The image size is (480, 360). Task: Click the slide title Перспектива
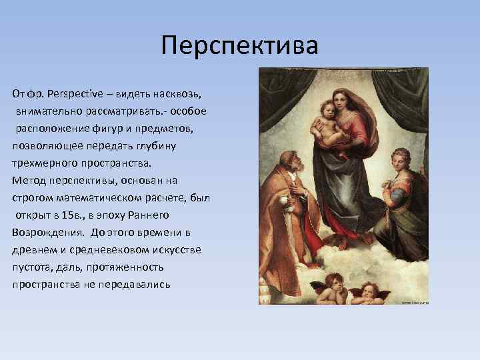tap(240, 46)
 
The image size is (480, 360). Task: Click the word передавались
tap(136, 284)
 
